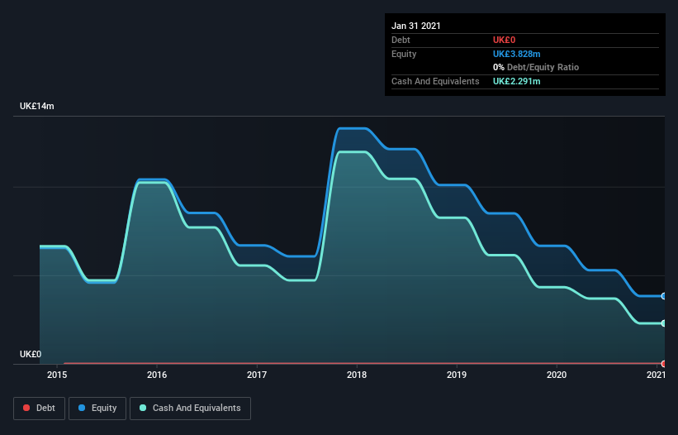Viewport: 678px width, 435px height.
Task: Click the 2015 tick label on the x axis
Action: pos(57,375)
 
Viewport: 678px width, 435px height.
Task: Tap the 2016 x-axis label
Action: pos(157,375)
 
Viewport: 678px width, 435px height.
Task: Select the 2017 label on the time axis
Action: pos(256,375)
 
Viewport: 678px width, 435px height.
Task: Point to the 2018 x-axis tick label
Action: pos(357,375)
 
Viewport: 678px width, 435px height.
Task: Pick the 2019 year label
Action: pos(457,375)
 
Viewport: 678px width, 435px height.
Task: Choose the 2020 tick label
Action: pos(557,375)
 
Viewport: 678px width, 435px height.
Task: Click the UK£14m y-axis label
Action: pos(37,106)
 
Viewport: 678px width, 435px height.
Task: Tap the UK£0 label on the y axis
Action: pos(31,354)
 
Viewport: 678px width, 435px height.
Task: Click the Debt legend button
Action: pos(40,409)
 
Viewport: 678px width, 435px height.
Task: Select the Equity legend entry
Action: pos(97,409)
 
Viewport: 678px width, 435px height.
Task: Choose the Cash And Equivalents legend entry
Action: pos(190,409)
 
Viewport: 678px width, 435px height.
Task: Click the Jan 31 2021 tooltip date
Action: pos(416,26)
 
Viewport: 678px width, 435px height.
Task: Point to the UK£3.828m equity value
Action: pos(517,54)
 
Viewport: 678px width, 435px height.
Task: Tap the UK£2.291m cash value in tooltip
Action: pos(517,81)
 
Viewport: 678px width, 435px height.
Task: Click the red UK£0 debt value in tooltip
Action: pos(505,40)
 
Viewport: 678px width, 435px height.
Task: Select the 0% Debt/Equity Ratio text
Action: pos(536,67)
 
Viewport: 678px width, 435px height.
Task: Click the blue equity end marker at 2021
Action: pos(664,296)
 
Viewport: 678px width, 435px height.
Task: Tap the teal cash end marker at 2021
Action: pos(664,323)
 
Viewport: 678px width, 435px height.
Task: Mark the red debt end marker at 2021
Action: pos(664,364)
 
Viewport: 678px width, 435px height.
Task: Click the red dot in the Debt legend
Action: pos(26,408)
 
